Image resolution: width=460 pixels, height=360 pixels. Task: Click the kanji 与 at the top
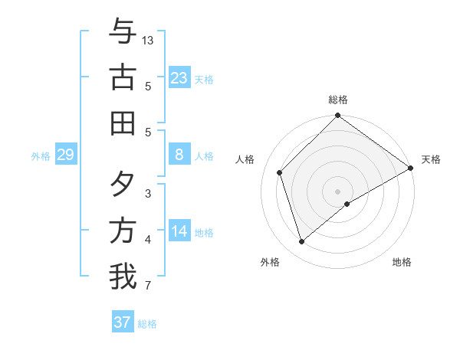[123, 32]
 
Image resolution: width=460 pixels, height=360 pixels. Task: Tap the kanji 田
[123, 122]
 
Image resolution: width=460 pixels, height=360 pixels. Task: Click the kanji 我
[123, 277]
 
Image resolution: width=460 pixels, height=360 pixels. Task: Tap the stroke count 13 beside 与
[148, 40]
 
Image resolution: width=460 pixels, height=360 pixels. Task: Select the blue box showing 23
[179, 77]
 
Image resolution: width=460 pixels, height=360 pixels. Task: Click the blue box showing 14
[179, 232]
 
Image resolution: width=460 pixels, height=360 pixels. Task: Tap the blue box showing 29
[65, 155]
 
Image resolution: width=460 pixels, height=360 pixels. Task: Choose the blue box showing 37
[123, 322]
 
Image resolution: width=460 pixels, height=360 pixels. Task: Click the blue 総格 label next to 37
[147, 324]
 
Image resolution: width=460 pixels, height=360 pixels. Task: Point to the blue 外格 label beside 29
[41, 156]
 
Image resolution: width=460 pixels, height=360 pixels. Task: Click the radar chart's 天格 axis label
[431, 159]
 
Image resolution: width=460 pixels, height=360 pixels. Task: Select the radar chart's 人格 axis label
[245, 159]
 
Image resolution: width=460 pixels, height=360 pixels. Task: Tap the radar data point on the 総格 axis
[337, 116]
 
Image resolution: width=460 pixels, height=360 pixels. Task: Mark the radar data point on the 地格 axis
[347, 204]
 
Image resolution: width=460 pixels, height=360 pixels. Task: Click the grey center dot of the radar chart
[337, 191]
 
